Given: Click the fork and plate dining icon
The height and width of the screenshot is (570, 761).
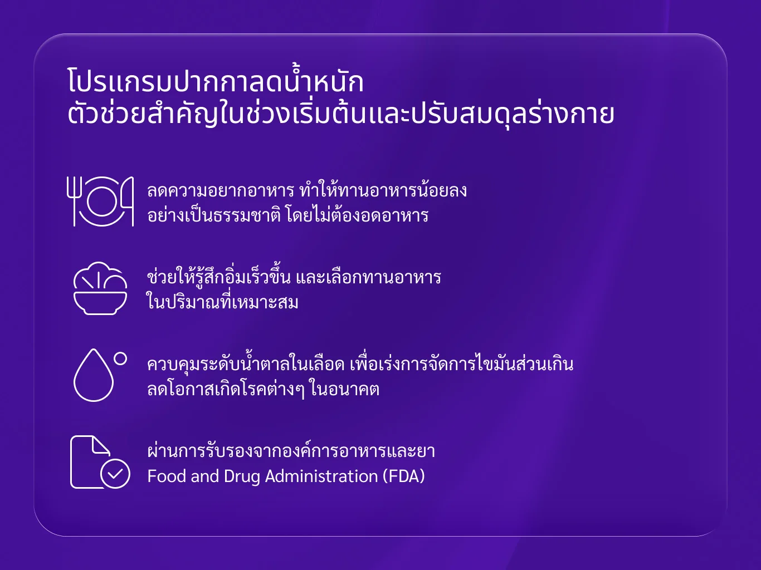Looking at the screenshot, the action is (x=100, y=201).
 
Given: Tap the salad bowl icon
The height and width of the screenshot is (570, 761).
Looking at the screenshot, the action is (x=100, y=288).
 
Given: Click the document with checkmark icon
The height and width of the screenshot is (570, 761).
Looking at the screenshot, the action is (x=100, y=462).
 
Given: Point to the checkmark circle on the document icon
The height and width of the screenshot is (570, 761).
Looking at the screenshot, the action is (x=115, y=474).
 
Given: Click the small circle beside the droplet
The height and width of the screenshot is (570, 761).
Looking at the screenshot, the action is (x=120, y=359).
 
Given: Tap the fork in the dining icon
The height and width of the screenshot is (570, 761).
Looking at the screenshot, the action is (x=74, y=201).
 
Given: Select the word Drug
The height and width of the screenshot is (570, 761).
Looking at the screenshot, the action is (x=242, y=477).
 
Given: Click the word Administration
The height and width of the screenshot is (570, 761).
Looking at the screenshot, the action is (x=321, y=476).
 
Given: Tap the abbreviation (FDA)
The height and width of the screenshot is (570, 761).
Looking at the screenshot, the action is (x=403, y=476).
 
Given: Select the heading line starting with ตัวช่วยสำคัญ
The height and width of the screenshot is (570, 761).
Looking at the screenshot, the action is (x=341, y=114).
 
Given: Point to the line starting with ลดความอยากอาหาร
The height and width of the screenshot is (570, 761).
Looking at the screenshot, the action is (x=307, y=190).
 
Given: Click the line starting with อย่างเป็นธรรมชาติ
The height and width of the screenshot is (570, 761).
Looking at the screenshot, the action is (x=288, y=215).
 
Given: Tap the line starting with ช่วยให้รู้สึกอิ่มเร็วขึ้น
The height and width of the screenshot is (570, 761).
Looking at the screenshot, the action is (x=294, y=277).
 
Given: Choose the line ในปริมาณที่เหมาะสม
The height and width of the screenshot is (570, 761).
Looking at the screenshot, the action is (x=222, y=301).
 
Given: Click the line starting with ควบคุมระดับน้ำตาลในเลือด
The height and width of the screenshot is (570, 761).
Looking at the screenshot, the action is (x=360, y=363).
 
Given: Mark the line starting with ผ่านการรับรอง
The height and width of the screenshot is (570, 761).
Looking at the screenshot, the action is (x=291, y=450).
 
